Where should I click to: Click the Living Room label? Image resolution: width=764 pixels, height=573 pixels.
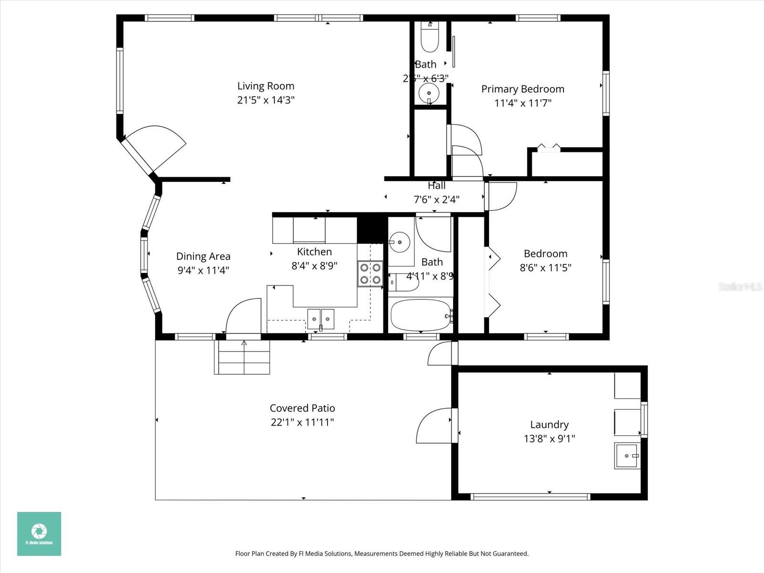point(265,86)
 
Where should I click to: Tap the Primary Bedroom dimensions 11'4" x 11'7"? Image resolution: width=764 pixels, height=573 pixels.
point(523,103)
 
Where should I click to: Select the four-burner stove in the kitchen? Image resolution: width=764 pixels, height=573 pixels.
point(370,274)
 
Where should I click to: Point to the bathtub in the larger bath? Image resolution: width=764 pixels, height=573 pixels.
point(420,315)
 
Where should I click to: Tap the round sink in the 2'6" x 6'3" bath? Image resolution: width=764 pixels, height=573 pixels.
point(429,93)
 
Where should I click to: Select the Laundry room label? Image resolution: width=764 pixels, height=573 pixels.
point(549,424)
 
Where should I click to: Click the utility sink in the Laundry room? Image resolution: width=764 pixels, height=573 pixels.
point(626,456)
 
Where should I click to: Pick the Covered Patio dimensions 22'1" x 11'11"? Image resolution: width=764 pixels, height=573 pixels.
point(302,422)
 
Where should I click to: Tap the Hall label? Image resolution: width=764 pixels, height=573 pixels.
point(436,186)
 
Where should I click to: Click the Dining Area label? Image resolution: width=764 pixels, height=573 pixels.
point(203,256)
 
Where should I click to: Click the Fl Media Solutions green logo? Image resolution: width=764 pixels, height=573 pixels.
point(39,533)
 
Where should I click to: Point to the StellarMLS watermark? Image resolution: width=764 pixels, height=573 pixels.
point(740,286)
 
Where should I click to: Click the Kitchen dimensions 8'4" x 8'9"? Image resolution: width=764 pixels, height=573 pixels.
point(314,265)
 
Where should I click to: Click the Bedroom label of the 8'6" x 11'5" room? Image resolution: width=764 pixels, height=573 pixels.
point(545,254)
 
